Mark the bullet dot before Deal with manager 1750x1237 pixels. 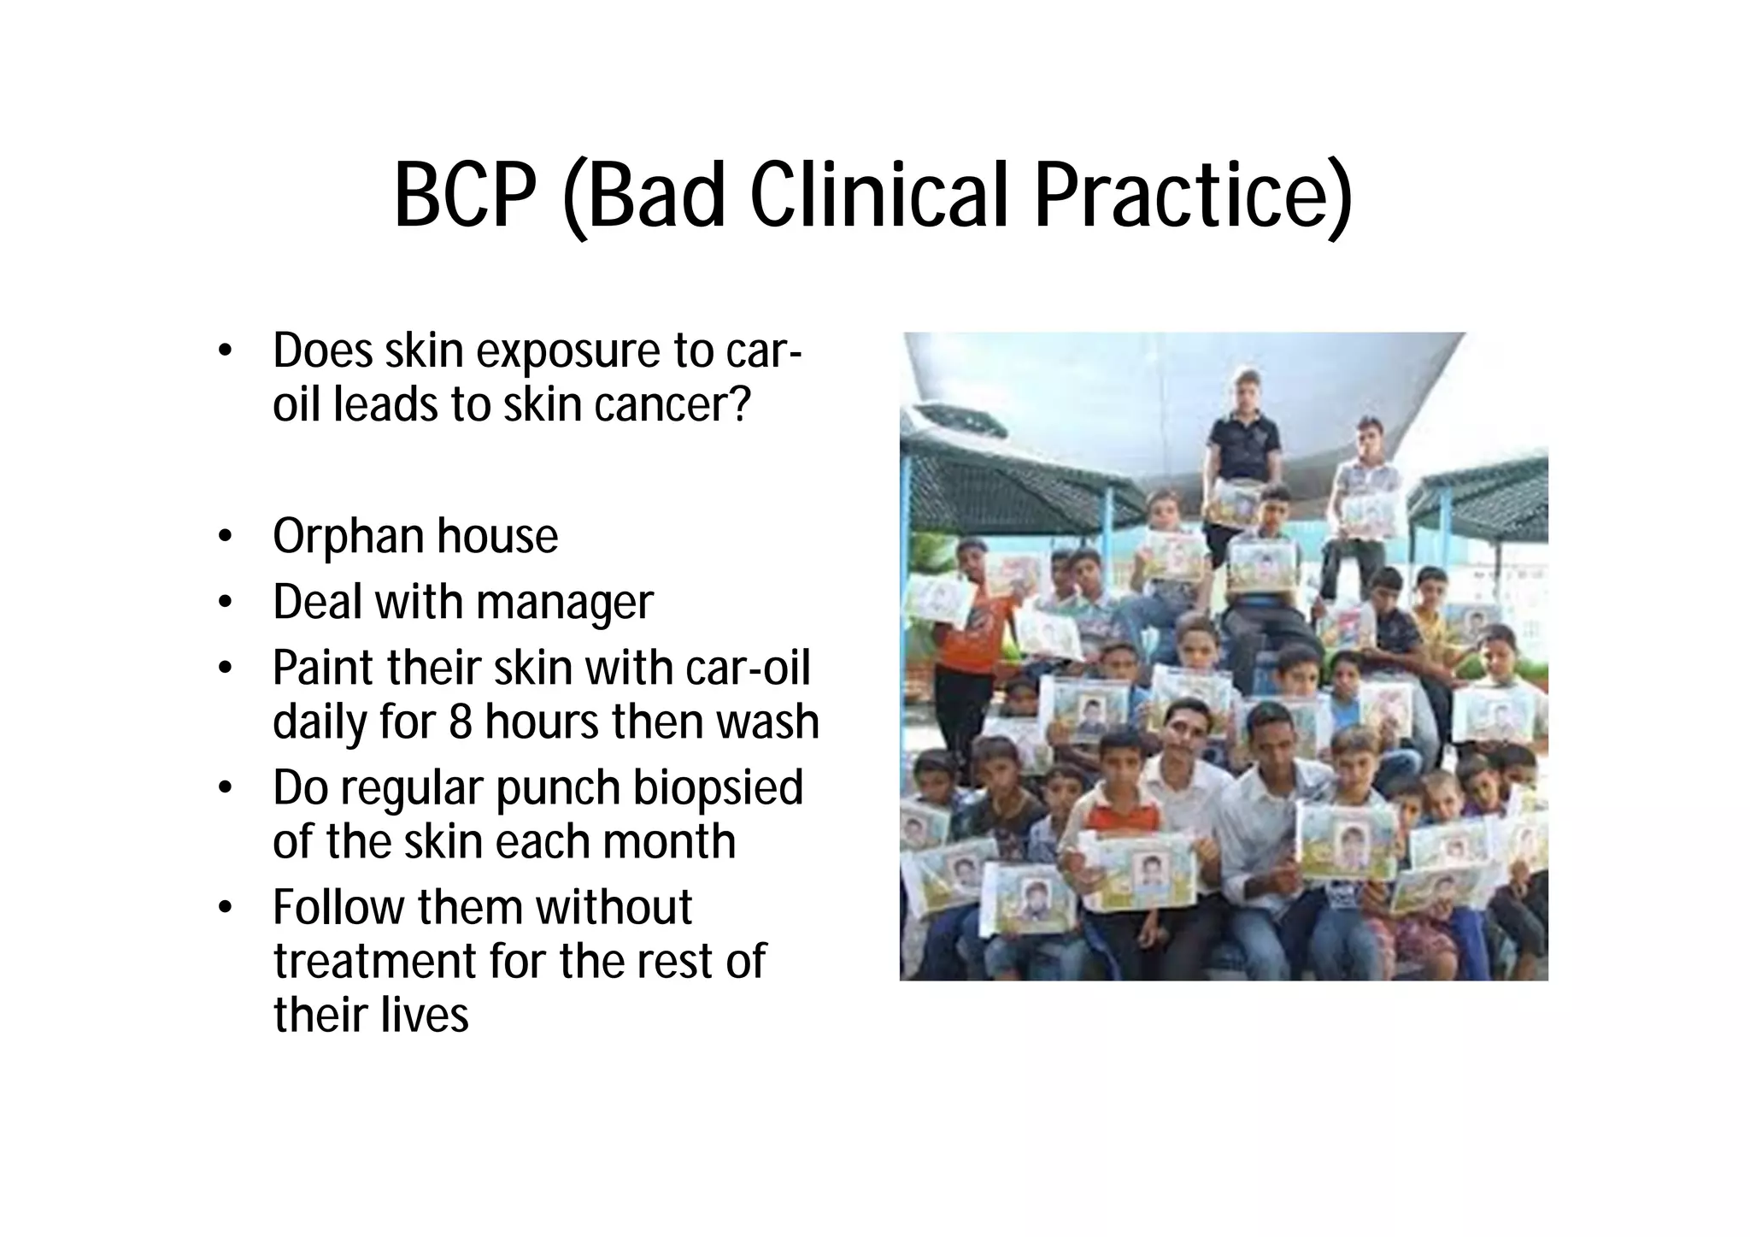coord(225,603)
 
